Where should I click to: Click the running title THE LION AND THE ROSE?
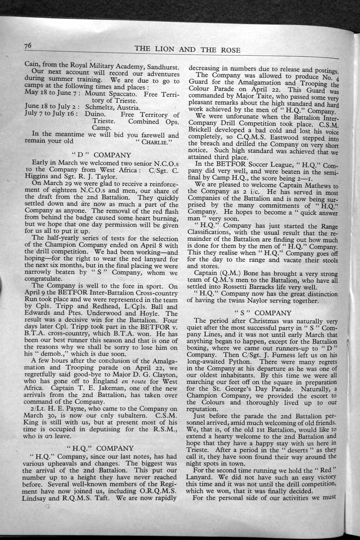pyautogui.click(x=188, y=50)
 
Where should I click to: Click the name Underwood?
pyautogui.click(x=105, y=313)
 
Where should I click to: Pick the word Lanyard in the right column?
pyautogui.click(x=202, y=477)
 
